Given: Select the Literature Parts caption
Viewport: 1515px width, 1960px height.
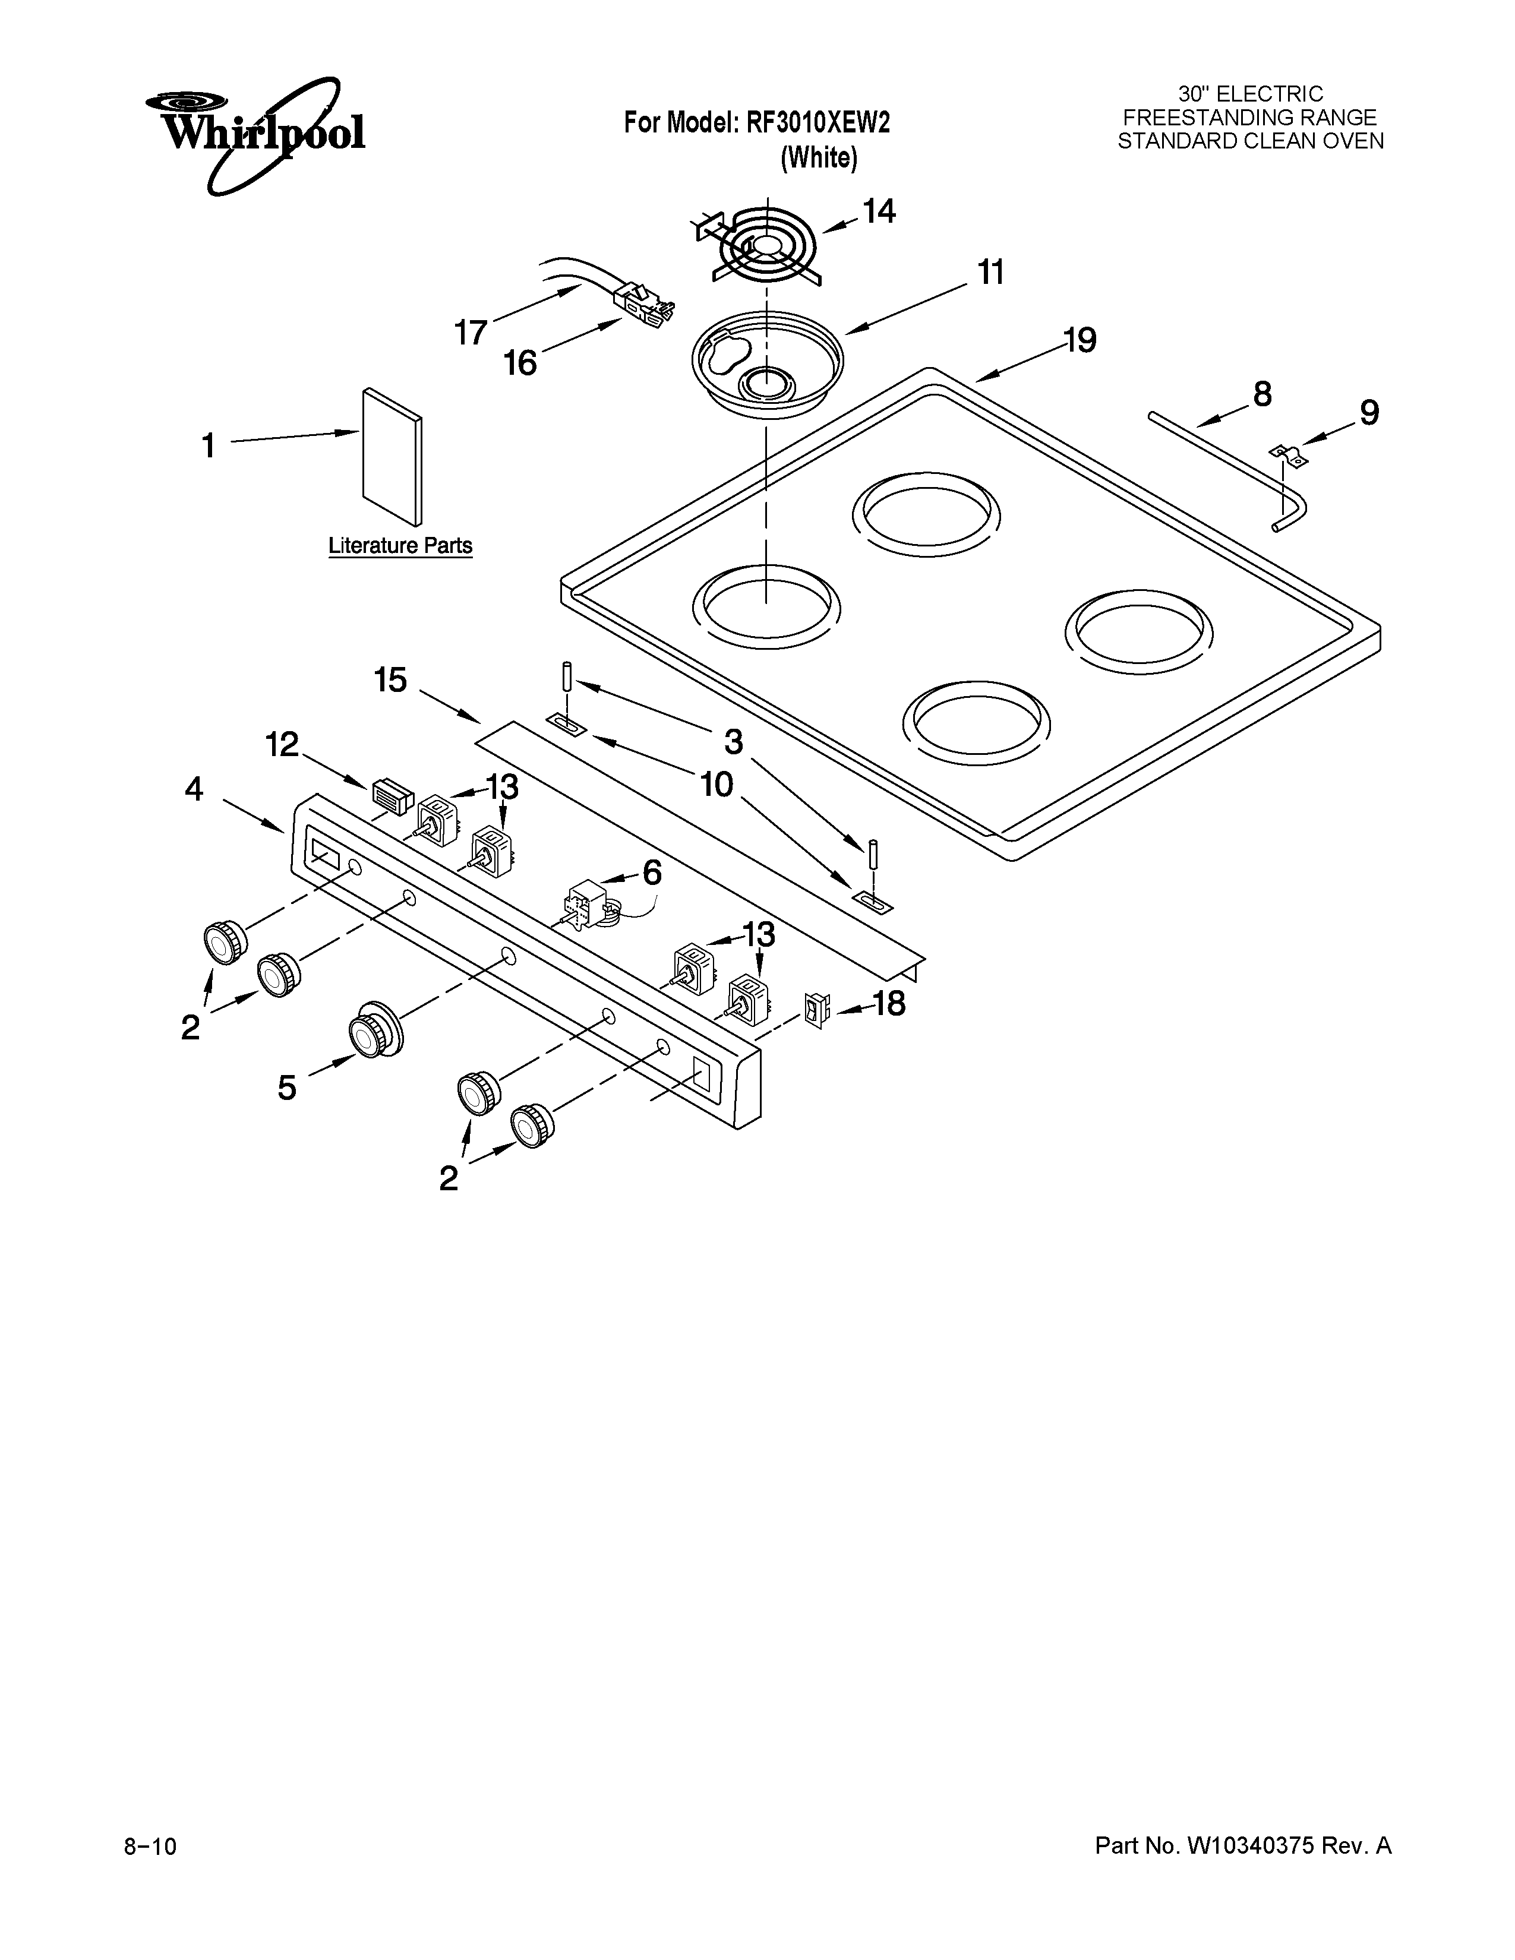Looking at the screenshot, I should pyautogui.click(x=400, y=546).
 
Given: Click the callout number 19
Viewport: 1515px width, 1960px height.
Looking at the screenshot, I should pyautogui.click(x=1081, y=341).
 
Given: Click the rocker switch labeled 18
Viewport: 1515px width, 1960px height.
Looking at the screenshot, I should pyautogui.click(x=817, y=1011).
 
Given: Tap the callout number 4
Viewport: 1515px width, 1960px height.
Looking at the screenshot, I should pyautogui.click(x=194, y=790).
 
